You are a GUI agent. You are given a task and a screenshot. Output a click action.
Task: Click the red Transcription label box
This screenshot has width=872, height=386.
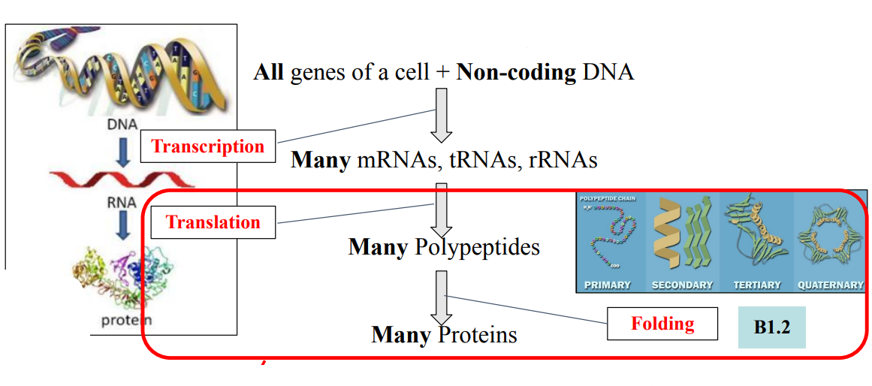pos(208,146)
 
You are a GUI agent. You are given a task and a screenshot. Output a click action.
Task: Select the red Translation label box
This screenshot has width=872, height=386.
pos(213,222)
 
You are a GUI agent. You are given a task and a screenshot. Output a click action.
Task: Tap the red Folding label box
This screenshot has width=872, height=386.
pos(662,324)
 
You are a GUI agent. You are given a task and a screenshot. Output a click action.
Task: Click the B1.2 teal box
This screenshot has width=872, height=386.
pos(771,327)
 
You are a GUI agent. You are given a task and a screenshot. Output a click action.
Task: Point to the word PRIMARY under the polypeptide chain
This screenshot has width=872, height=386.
pos(607,285)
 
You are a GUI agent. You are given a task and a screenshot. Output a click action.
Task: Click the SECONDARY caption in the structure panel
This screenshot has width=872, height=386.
pos(682,285)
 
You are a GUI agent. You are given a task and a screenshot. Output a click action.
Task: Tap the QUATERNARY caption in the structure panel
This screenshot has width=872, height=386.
pos(831,285)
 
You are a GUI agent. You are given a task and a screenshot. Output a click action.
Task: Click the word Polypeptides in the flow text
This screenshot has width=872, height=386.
pos(477,246)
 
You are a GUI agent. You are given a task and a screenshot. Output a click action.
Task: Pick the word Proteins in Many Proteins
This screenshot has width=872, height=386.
pos(478,333)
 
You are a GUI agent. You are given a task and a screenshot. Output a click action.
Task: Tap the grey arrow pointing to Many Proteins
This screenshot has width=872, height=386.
pos(442,296)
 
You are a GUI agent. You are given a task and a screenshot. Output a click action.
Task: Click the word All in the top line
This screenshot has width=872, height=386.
pos(269,72)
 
